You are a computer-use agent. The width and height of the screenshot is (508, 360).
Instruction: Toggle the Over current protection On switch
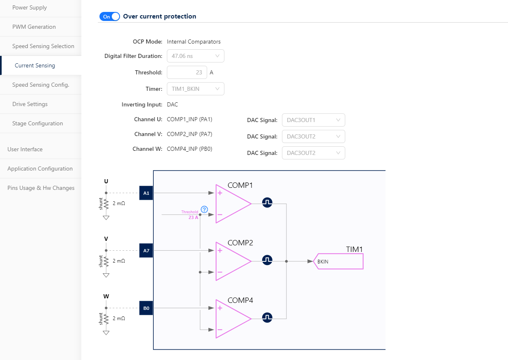point(109,16)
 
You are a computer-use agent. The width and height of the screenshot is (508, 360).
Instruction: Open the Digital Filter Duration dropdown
point(195,56)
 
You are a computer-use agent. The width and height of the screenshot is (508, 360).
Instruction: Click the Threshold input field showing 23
point(187,72)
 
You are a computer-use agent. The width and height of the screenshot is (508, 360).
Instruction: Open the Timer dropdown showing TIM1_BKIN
point(195,89)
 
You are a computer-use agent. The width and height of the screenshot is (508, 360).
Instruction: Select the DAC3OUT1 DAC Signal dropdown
point(313,120)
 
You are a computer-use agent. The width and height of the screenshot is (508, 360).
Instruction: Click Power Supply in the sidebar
point(30,8)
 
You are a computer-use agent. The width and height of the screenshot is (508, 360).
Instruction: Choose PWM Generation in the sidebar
point(34,27)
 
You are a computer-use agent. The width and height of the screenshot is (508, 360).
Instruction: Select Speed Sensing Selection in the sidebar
point(43,46)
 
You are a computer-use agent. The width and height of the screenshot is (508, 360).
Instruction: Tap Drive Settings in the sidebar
point(30,104)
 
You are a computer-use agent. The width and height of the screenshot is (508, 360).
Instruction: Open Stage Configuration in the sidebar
point(37,124)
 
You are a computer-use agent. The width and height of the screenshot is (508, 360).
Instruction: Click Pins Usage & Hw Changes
point(41,188)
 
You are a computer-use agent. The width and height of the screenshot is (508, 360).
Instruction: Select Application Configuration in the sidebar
point(40,169)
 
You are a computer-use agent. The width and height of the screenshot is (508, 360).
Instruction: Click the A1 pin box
point(146,193)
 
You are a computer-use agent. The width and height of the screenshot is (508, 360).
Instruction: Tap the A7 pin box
point(146,250)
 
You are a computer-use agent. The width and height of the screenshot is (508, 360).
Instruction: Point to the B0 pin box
point(146,308)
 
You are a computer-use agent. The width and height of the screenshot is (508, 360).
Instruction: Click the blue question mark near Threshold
point(204,209)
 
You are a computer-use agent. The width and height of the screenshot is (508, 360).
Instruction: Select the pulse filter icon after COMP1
point(267,203)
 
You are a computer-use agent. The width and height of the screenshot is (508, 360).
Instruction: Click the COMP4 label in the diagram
point(240,300)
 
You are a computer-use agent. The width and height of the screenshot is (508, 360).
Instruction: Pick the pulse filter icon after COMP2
point(267,260)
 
